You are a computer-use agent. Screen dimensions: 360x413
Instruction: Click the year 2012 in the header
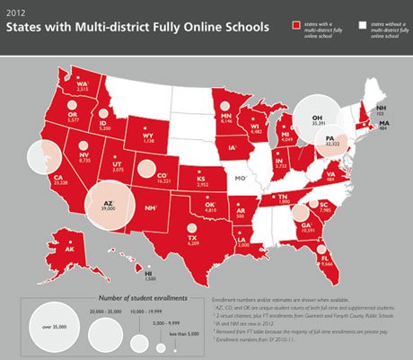click(x=15, y=12)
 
